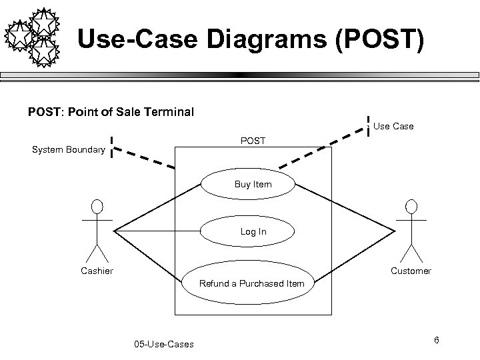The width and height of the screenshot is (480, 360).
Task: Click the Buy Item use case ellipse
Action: (253, 184)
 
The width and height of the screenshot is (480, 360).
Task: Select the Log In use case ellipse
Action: (253, 231)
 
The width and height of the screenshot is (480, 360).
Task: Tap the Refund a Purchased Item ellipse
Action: (251, 283)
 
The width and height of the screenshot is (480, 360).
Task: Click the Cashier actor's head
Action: (97, 205)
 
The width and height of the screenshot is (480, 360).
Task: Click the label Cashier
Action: (97, 271)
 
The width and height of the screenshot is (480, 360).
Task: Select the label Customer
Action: (411, 271)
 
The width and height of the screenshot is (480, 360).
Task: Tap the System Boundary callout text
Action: (68, 150)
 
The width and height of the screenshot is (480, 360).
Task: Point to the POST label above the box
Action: (253, 141)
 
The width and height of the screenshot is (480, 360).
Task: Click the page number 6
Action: (436, 341)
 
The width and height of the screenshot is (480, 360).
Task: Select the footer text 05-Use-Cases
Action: (164, 344)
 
